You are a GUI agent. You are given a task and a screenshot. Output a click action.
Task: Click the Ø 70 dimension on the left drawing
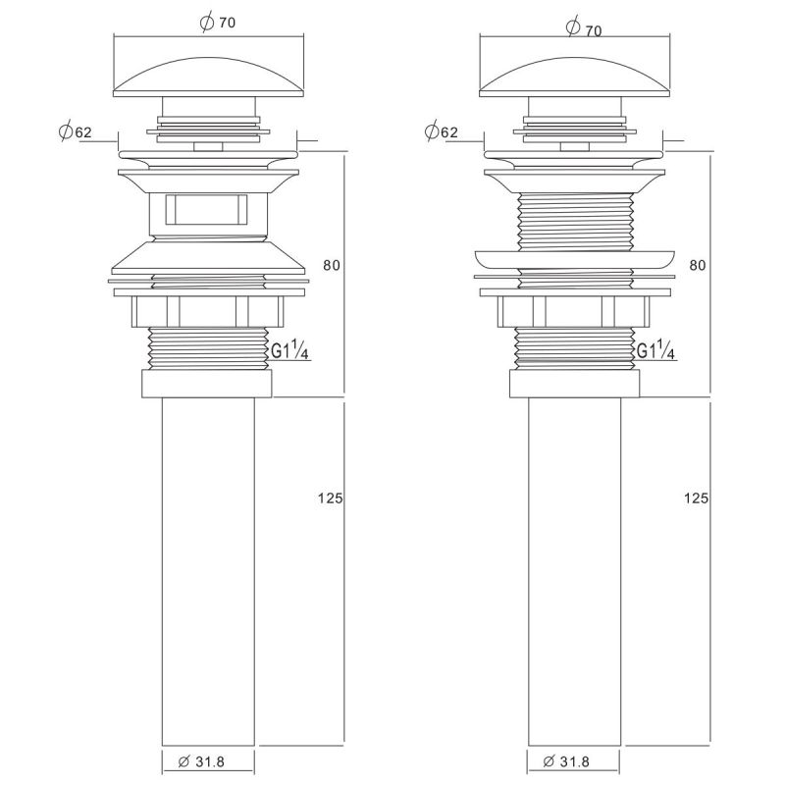(x=217, y=23)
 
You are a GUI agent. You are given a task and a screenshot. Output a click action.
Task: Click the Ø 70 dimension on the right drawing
(x=584, y=27)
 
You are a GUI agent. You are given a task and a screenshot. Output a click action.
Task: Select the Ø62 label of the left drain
(x=76, y=131)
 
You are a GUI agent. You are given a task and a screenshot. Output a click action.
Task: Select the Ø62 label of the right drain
(x=441, y=131)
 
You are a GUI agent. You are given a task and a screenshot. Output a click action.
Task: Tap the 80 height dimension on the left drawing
(x=332, y=265)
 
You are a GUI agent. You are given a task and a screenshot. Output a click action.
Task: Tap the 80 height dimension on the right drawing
(x=698, y=265)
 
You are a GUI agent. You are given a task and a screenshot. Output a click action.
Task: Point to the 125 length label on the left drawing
(x=331, y=497)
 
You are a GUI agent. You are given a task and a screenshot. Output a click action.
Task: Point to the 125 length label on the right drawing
(x=697, y=497)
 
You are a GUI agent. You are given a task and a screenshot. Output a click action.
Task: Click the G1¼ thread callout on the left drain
(x=289, y=349)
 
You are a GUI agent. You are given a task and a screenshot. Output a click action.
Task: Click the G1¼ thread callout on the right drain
(x=655, y=349)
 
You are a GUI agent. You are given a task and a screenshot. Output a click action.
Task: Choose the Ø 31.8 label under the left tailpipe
(x=201, y=761)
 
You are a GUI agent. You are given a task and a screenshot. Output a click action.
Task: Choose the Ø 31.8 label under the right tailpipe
(x=567, y=761)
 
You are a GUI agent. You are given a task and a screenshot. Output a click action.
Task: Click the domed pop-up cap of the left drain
(x=208, y=77)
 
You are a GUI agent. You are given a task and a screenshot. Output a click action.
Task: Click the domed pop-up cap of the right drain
(x=575, y=77)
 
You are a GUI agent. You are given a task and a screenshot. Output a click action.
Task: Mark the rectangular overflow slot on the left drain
(x=206, y=209)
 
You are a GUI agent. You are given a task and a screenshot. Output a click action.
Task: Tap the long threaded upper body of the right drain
(x=575, y=222)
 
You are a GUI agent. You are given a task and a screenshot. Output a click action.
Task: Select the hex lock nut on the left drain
(x=208, y=311)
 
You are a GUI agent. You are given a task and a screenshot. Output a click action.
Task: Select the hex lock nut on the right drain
(x=574, y=311)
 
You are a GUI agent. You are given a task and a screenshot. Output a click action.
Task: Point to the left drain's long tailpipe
(x=208, y=572)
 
